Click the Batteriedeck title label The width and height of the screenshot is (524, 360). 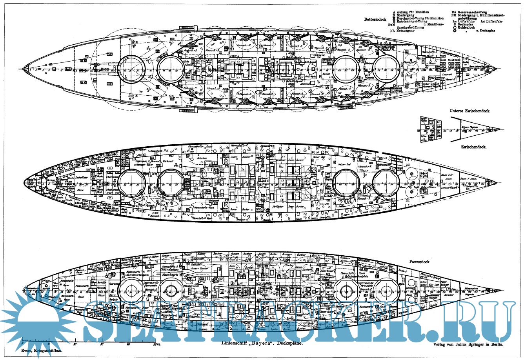376,19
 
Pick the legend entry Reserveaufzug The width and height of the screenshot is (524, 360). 477,12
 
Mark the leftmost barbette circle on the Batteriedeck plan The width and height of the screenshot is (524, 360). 131,69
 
